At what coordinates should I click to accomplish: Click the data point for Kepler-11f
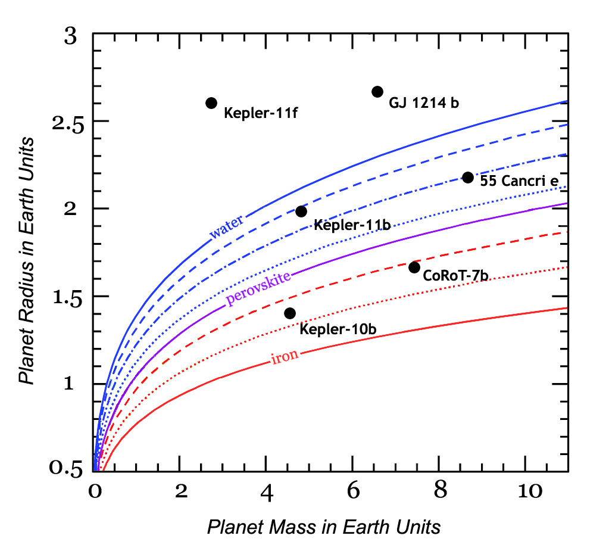click(x=211, y=103)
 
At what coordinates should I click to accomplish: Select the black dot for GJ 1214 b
click(x=377, y=91)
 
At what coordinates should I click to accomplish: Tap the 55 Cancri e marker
click(x=468, y=178)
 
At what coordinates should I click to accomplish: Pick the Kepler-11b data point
click(x=301, y=211)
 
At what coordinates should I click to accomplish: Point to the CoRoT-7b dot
click(x=414, y=267)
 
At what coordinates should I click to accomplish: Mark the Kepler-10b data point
click(x=290, y=313)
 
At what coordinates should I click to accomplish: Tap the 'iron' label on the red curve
click(x=285, y=357)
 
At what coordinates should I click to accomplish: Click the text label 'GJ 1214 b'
click(x=424, y=103)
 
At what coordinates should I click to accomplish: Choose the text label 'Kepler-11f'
click(x=260, y=112)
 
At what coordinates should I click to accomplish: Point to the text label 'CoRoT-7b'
click(x=455, y=276)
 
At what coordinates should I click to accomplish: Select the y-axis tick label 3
click(x=71, y=37)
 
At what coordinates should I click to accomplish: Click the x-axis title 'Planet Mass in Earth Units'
click(x=324, y=527)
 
